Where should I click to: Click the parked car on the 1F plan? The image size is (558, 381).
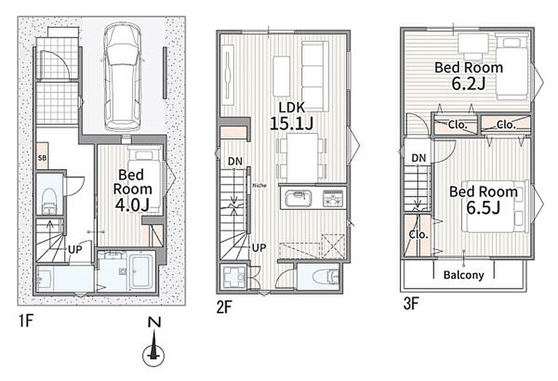121,77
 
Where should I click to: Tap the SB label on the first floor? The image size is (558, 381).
42,157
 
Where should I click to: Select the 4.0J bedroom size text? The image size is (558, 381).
132,204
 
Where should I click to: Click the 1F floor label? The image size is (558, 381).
26,322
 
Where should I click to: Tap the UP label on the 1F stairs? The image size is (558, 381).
75,250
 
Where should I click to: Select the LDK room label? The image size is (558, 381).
292,107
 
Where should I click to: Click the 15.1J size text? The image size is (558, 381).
292,124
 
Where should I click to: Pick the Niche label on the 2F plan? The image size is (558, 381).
259,186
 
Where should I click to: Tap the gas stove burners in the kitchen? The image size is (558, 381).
333,198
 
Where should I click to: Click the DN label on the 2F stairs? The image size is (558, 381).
235,161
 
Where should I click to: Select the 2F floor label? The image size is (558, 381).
224,307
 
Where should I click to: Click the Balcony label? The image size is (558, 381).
464,275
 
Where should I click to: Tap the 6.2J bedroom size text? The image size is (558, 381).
468,83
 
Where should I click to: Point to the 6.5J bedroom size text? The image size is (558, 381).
483,208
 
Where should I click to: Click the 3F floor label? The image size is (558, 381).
411,304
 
